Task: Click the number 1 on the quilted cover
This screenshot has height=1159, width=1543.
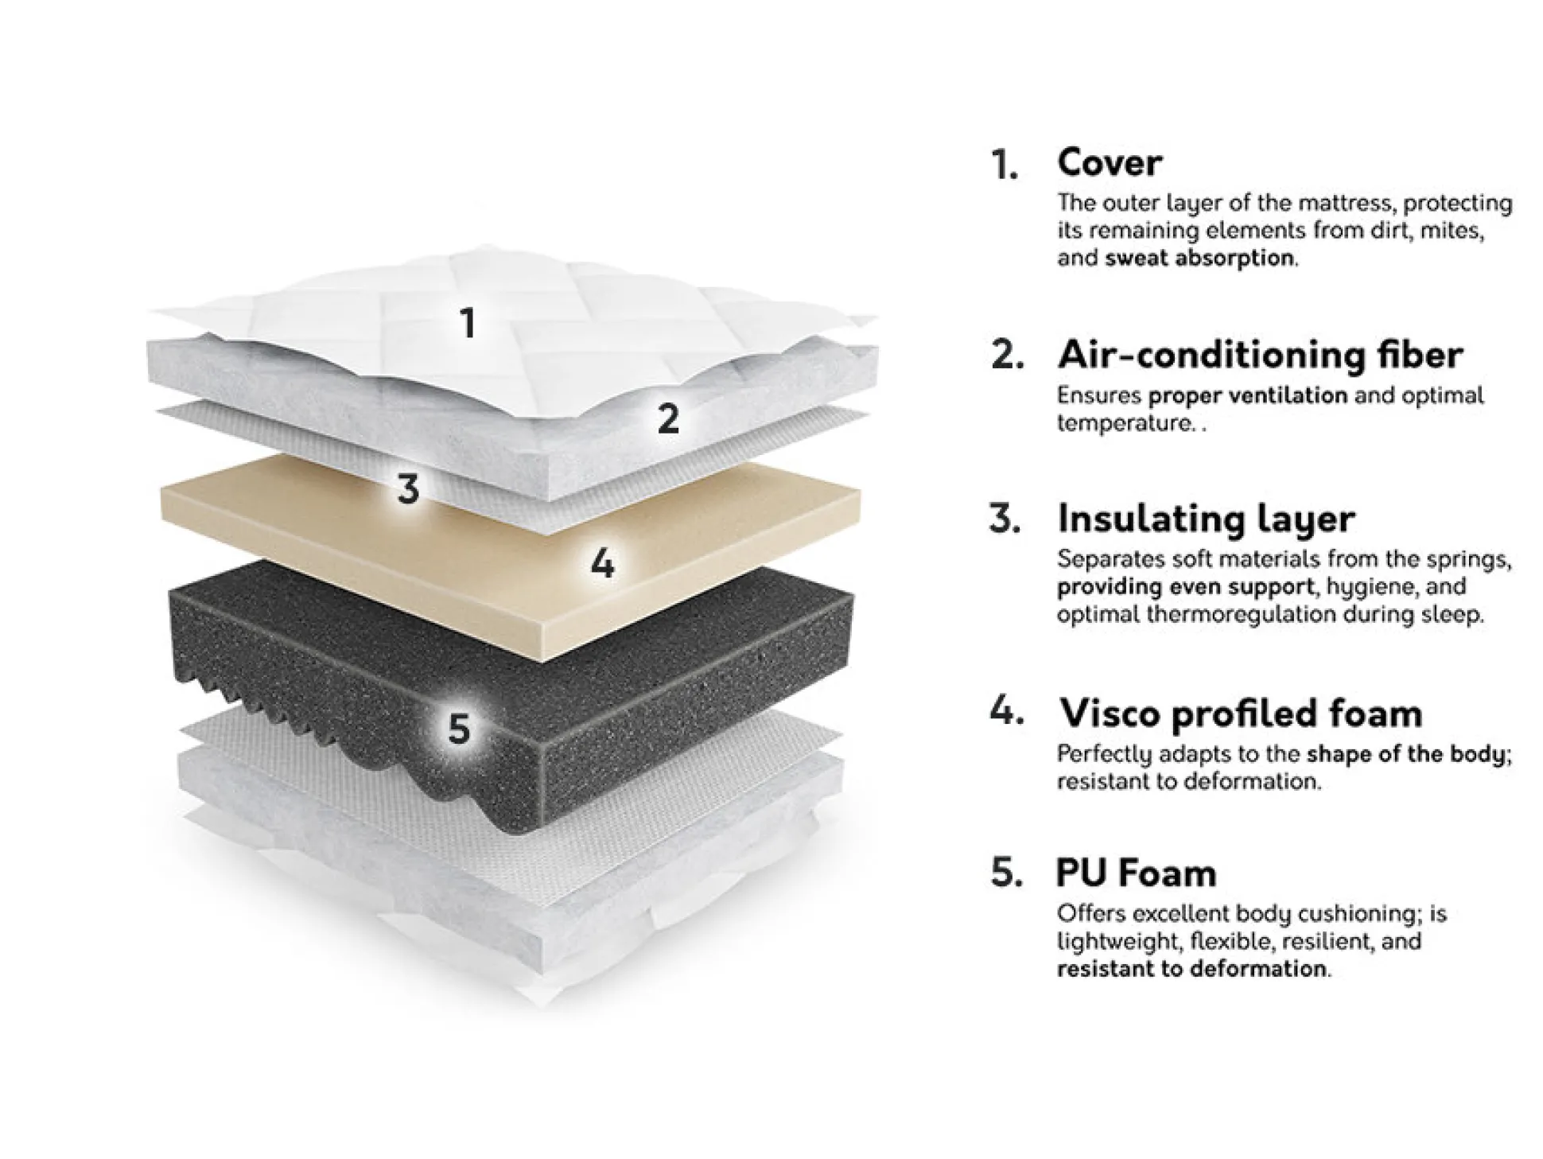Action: pos(468,323)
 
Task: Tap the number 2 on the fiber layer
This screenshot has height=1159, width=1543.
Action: pos(668,418)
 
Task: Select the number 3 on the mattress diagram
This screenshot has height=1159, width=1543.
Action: pos(408,488)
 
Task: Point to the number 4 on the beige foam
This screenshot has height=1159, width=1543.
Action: pos(602,564)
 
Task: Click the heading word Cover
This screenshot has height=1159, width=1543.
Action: pos(1110,163)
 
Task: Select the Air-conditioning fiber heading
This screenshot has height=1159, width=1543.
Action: pos(1260,354)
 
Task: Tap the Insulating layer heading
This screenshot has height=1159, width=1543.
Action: pos(1206,519)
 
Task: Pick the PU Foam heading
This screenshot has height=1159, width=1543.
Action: pos(1136,873)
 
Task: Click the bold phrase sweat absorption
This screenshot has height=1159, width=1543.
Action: pos(1199,258)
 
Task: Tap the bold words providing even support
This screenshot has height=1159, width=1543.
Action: pos(1185,587)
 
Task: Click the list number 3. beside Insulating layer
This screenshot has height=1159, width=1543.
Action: pos(1005,519)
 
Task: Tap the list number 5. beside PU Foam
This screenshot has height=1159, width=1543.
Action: pos(1007,873)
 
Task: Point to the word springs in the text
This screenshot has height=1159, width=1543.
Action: pos(1470,560)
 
